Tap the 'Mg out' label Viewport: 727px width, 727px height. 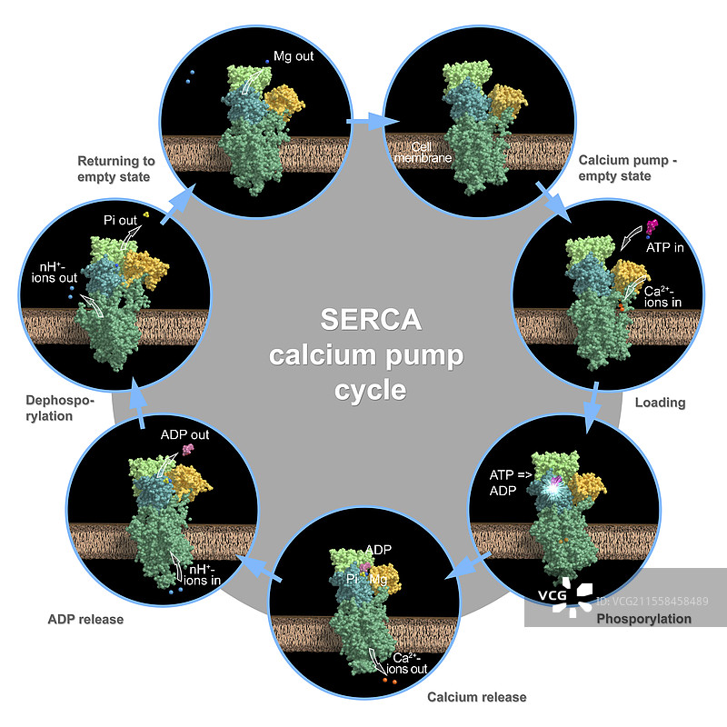click(294, 56)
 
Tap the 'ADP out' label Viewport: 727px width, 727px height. click(184, 434)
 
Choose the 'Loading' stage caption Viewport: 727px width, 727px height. click(660, 403)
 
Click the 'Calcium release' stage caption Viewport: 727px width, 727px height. click(476, 697)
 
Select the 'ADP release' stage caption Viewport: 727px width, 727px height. click(85, 620)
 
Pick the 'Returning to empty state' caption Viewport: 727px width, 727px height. click(116, 168)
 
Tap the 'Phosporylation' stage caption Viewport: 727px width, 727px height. click(643, 619)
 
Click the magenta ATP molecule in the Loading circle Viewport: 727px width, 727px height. click(651, 226)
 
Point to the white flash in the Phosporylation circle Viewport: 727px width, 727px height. click(551, 488)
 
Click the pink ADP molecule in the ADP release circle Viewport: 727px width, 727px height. click(188, 449)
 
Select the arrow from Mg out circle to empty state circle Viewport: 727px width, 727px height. click(373, 120)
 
